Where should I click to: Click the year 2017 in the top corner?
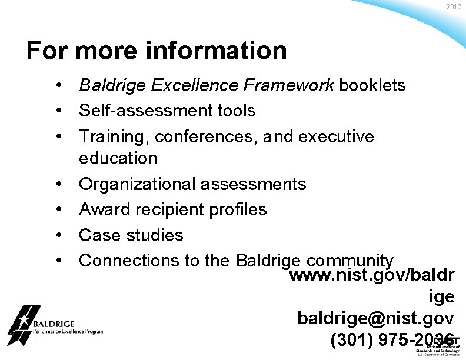coord(454,6)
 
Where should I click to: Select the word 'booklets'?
coord(371,86)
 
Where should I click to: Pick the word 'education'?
coord(118,158)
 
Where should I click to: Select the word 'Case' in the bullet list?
coord(98,235)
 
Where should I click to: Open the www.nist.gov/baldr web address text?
coord(372,275)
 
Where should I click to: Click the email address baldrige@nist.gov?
coord(375,318)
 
